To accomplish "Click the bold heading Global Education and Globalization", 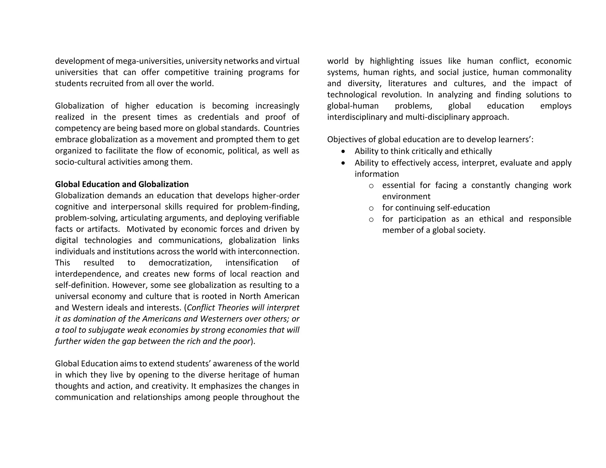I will click(x=122, y=184).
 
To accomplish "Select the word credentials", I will click(x=218, y=117).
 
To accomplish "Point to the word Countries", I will click(x=281, y=128).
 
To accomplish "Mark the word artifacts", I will click(x=103, y=229).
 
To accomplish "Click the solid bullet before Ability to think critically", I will click(x=343, y=151).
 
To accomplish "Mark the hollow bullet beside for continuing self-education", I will click(x=371, y=208).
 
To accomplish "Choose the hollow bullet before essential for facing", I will click(x=371, y=186).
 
